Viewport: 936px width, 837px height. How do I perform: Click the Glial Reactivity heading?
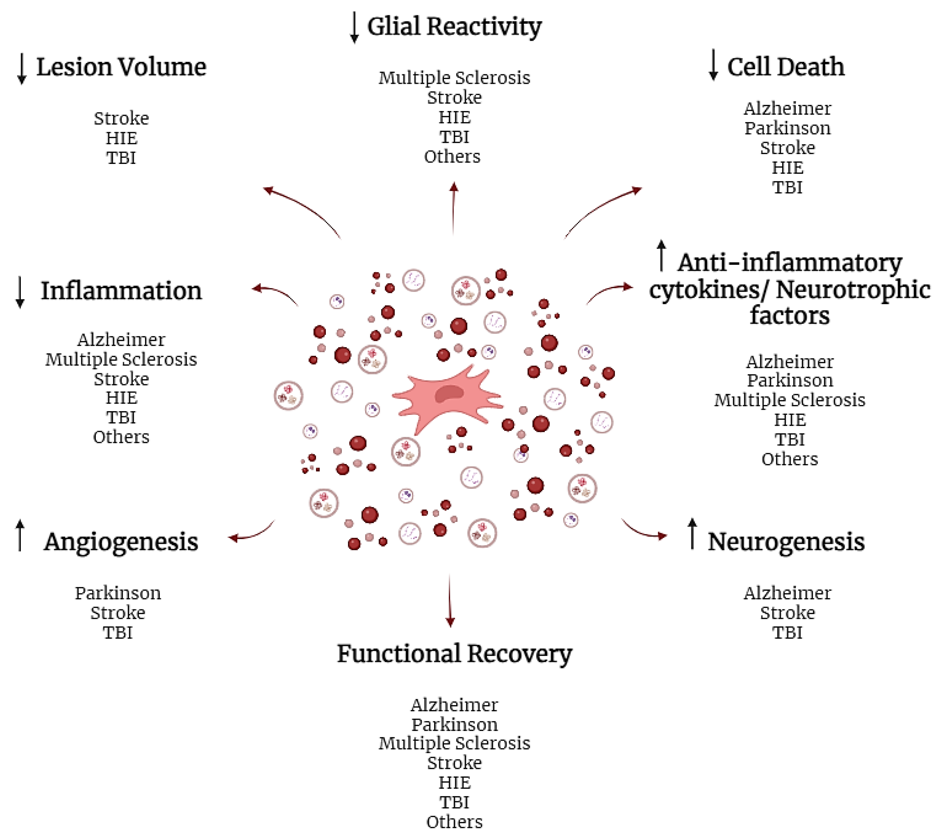click(x=454, y=27)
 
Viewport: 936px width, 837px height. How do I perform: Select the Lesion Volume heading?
click(x=121, y=67)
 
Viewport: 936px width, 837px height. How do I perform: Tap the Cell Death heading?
click(x=785, y=67)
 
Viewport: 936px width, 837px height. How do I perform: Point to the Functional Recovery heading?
click(x=454, y=653)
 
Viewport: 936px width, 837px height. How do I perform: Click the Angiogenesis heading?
click(x=121, y=542)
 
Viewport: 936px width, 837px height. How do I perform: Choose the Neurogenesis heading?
click(x=786, y=542)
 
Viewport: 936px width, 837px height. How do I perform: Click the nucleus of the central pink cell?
click(x=449, y=393)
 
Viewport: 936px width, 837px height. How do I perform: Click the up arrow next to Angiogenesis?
click(x=20, y=535)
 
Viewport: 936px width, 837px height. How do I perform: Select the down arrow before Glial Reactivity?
click(x=354, y=28)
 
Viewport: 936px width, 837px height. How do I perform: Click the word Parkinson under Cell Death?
click(x=787, y=128)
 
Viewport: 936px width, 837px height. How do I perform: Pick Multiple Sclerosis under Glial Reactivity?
click(x=454, y=78)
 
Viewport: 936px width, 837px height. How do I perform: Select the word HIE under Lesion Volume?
click(x=121, y=138)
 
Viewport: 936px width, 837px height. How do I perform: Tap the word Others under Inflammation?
click(x=121, y=437)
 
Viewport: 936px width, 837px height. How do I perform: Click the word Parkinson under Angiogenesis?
click(x=118, y=593)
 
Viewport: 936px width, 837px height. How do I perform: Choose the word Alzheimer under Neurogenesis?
click(x=787, y=593)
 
